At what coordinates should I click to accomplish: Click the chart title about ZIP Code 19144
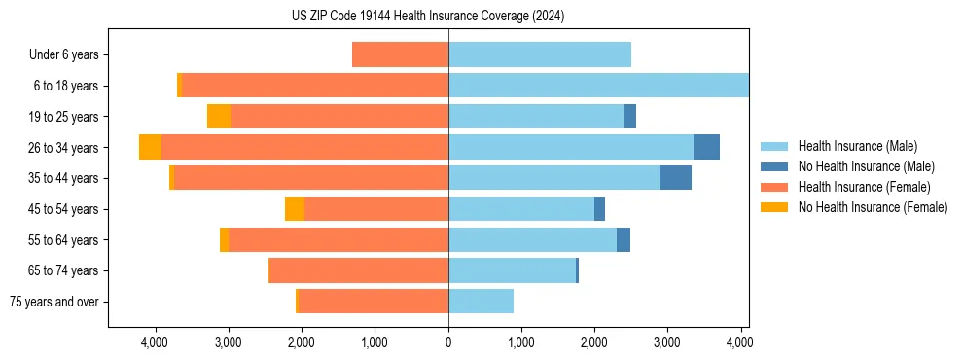pyautogui.click(x=428, y=16)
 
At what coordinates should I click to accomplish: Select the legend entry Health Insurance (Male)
pyautogui.click(x=857, y=146)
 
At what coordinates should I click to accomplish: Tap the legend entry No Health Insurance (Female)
pyautogui.click(x=873, y=207)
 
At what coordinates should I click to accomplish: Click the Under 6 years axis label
pyautogui.click(x=63, y=55)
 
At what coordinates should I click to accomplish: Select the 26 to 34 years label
pyautogui.click(x=65, y=148)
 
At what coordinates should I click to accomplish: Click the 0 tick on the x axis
pyautogui.click(x=448, y=342)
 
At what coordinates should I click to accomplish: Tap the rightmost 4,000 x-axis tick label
pyautogui.click(x=739, y=342)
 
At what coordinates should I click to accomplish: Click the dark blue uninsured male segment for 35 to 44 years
pyautogui.click(x=675, y=178)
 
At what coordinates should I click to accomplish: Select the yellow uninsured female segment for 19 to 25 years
pyautogui.click(x=219, y=117)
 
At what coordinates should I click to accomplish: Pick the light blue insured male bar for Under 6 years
pyautogui.click(x=540, y=54)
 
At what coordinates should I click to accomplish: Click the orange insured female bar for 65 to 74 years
pyautogui.click(x=358, y=270)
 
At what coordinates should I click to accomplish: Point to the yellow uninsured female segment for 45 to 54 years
pyautogui.click(x=295, y=209)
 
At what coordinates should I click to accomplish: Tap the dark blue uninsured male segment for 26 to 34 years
pyautogui.click(x=706, y=147)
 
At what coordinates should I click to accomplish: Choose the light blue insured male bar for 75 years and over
pyautogui.click(x=481, y=302)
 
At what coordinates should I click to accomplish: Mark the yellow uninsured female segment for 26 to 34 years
pyautogui.click(x=150, y=147)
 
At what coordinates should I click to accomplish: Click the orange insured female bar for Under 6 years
pyautogui.click(x=400, y=54)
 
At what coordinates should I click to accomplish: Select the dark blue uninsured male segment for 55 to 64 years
pyautogui.click(x=624, y=239)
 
